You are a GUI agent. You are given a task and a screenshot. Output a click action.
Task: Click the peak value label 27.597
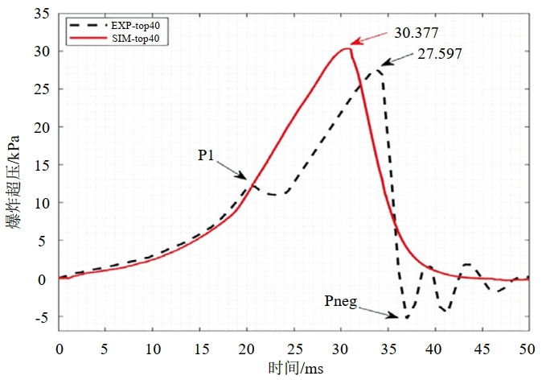pyautogui.click(x=441, y=53)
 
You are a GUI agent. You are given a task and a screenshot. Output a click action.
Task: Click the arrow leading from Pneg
pyautogui.click(x=378, y=312)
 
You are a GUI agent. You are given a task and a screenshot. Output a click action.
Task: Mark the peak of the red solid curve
pyautogui.click(x=347, y=48)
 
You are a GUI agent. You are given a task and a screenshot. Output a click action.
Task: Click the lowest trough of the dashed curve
pyautogui.click(x=406, y=318)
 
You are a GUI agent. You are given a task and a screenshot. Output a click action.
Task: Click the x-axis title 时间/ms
pyautogui.click(x=294, y=367)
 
